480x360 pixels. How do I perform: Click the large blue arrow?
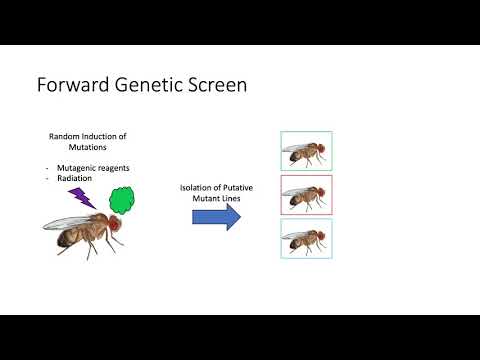point(216,218)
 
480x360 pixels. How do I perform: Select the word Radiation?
point(78,178)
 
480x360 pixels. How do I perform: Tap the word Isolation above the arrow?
point(196,188)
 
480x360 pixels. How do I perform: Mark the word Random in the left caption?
point(64,135)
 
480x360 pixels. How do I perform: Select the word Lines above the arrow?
point(232,199)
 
